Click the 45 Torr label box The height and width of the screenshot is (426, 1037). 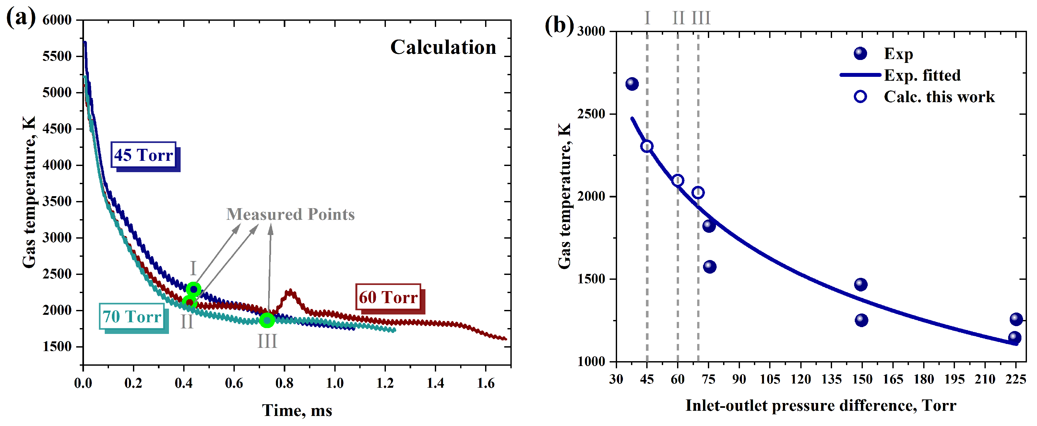144,155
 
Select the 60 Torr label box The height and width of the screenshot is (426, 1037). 388,297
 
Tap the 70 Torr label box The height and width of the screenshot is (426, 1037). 132,316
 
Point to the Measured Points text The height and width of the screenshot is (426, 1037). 290,214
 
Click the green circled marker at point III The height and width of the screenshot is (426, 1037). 267,320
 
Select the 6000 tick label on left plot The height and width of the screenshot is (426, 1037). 57,20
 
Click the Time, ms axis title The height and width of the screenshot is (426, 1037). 297,411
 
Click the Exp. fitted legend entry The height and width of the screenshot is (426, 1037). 922,75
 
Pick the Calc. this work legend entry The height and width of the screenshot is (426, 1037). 939,97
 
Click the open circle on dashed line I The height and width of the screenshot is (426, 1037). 647,146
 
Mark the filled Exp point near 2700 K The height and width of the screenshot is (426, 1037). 632,84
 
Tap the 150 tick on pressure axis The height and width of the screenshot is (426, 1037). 862,379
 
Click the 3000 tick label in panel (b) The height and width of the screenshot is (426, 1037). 591,31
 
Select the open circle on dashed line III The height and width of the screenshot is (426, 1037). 698,193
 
